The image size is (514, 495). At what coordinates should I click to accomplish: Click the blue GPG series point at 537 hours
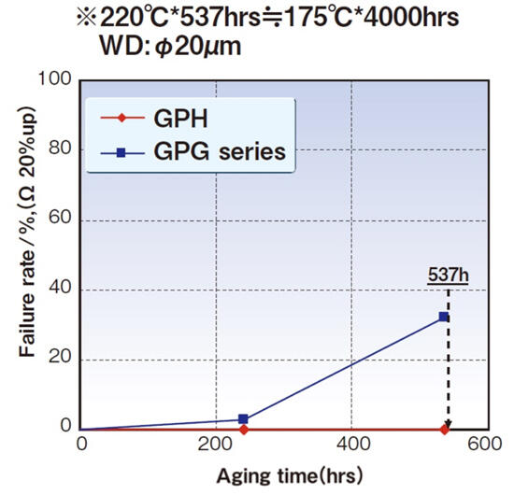pyautogui.click(x=444, y=318)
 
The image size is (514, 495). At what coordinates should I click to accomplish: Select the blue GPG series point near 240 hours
pyautogui.click(x=243, y=419)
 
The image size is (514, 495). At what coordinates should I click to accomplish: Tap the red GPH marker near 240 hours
pyautogui.click(x=243, y=430)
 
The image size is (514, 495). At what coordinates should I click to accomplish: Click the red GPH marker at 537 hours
pyautogui.click(x=445, y=430)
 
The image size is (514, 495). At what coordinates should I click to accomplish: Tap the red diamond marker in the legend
pyautogui.click(x=123, y=120)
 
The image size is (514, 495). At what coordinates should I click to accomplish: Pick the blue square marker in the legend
pyautogui.click(x=123, y=151)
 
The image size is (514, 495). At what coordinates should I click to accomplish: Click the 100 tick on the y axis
pyautogui.click(x=59, y=81)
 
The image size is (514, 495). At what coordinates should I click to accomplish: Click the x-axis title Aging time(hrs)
pyautogui.click(x=284, y=475)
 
